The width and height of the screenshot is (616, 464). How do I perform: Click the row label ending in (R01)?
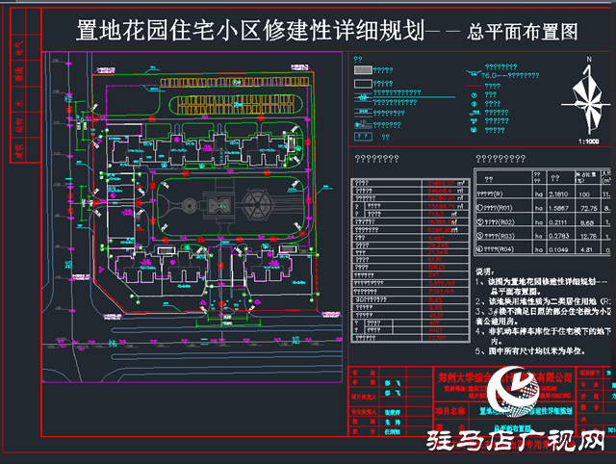(502, 207)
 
